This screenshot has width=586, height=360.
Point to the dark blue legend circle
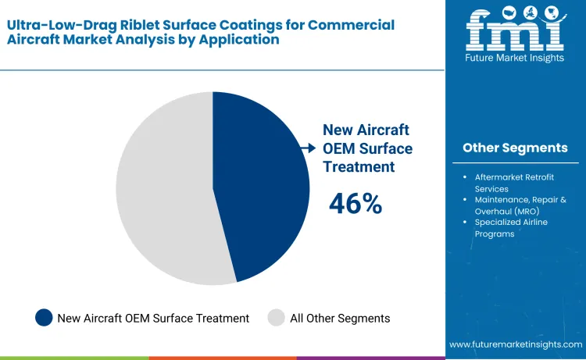tap(45, 318)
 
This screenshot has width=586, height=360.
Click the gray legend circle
tap(277, 318)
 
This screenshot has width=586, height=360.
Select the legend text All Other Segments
tap(340, 318)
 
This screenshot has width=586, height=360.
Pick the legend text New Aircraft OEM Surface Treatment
tap(153, 318)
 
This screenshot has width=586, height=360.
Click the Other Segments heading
tap(515, 148)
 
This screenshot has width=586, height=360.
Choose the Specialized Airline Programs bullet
tap(511, 228)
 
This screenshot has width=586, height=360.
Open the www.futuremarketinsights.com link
tap(516, 344)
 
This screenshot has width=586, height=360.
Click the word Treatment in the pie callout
tap(359, 166)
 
